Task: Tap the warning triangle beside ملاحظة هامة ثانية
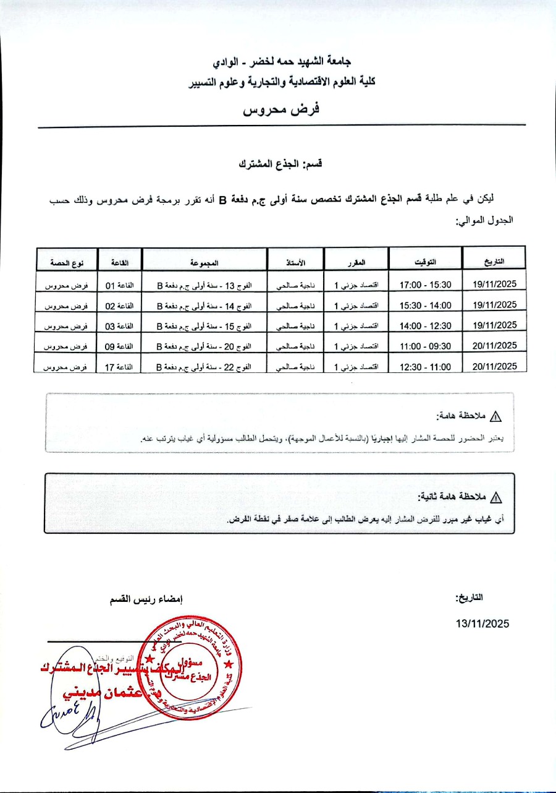[495, 497]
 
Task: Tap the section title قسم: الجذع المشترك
[282, 165]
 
